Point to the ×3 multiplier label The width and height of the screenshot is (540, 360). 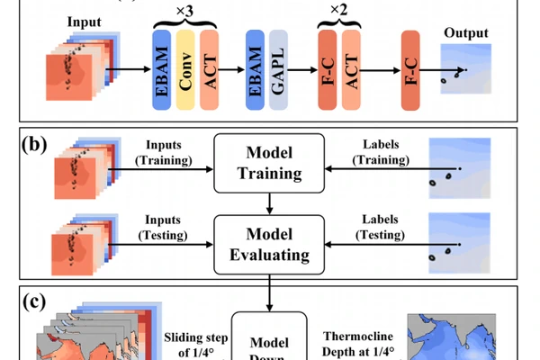click(186, 12)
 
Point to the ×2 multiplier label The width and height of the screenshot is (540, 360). click(340, 12)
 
